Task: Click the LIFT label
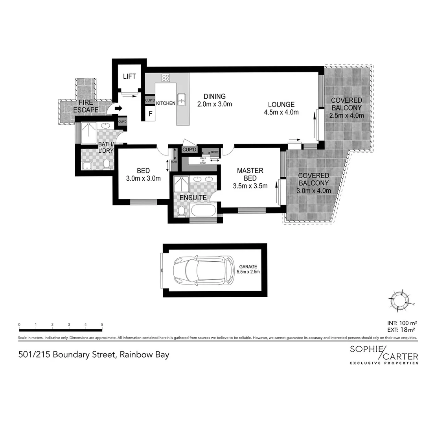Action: tap(129, 76)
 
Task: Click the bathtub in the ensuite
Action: tap(203, 210)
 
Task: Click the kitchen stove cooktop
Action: tap(166, 78)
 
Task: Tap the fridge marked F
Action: tap(150, 115)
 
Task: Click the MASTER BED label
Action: tap(250, 174)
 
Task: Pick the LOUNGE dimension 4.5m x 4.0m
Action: tap(281, 112)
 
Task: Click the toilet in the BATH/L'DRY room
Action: tap(106, 164)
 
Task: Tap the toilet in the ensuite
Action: tap(181, 211)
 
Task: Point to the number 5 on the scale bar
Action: tap(102, 325)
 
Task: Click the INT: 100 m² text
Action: tap(401, 323)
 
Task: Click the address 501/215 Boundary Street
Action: tap(94, 355)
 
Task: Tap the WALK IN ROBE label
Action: tap(203, 160)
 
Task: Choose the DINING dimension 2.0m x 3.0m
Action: tap(215, 104)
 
